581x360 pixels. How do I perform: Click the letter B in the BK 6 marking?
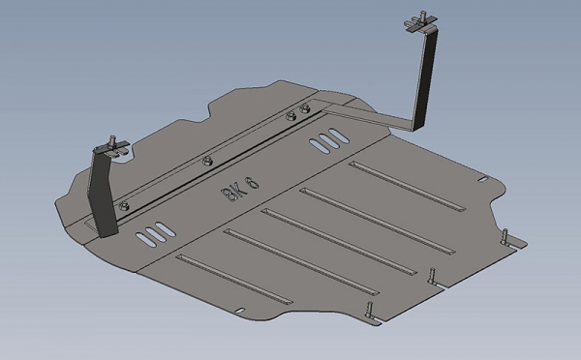click(228, 195)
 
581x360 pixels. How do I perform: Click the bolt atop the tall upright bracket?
click(422, 15)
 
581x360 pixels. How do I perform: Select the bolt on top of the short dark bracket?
click(112, 140)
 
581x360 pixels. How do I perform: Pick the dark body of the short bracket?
click(103, 193)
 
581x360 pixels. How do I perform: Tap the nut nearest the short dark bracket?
click(124, 205)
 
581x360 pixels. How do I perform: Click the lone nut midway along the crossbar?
click(207, 161)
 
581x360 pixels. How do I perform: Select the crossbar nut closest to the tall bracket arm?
click(304, 107)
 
